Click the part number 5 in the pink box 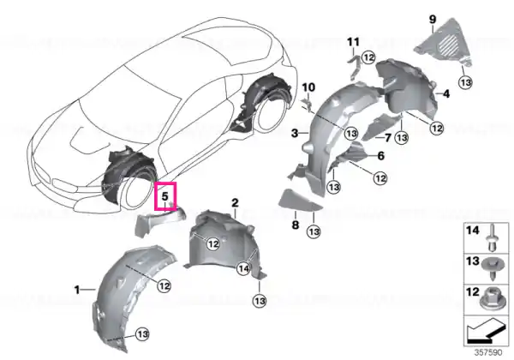(164, 196)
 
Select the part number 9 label (433, 20)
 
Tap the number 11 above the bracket (353, 42)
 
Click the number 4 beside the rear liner (446, 94)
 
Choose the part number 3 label (295, 133)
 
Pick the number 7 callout (388, 138)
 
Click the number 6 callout (381, 155)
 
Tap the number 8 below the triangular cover (296, 225)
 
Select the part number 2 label (235, 203)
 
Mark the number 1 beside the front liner (77, 290)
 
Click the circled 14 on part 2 (243, 269)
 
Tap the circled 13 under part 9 (466, 82)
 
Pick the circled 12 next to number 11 (368, 57)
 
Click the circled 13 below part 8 (314, 231)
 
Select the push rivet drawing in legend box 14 (492, 237)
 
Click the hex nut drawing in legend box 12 (492, 298)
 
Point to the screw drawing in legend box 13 (492, 269)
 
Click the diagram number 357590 (488, 352)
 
